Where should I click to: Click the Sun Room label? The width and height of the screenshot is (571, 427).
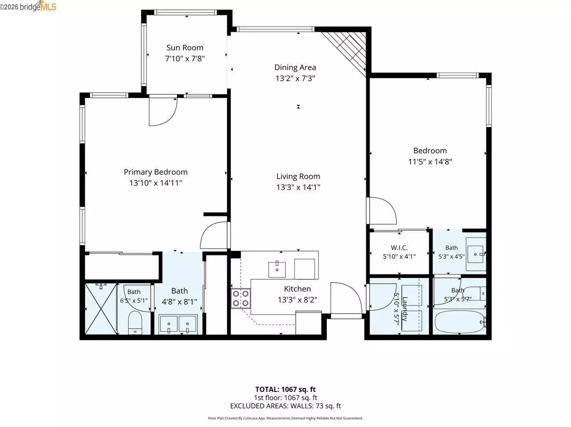185,48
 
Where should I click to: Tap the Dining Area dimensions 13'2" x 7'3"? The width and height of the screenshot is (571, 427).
295,78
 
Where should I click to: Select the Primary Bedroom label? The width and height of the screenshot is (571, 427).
156,172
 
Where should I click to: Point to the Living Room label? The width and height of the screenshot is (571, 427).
298,176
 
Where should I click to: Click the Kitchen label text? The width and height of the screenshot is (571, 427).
297,289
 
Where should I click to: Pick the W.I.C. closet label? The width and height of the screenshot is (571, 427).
399,248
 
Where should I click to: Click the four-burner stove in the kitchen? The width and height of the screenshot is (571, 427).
241,298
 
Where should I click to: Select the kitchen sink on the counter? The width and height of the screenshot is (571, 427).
277,269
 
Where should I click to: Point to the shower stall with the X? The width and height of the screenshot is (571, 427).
101,309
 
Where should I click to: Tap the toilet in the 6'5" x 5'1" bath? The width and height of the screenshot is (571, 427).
135,323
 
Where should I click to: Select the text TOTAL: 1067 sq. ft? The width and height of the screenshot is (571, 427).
285,389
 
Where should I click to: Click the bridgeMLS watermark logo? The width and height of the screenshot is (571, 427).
28,6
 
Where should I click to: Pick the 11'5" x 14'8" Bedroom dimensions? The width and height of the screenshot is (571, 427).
430,162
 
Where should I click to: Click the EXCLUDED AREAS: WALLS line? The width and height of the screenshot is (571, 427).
285,406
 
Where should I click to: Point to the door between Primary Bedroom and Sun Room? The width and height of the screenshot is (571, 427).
163,112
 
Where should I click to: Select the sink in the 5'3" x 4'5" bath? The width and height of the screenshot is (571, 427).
476,254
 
